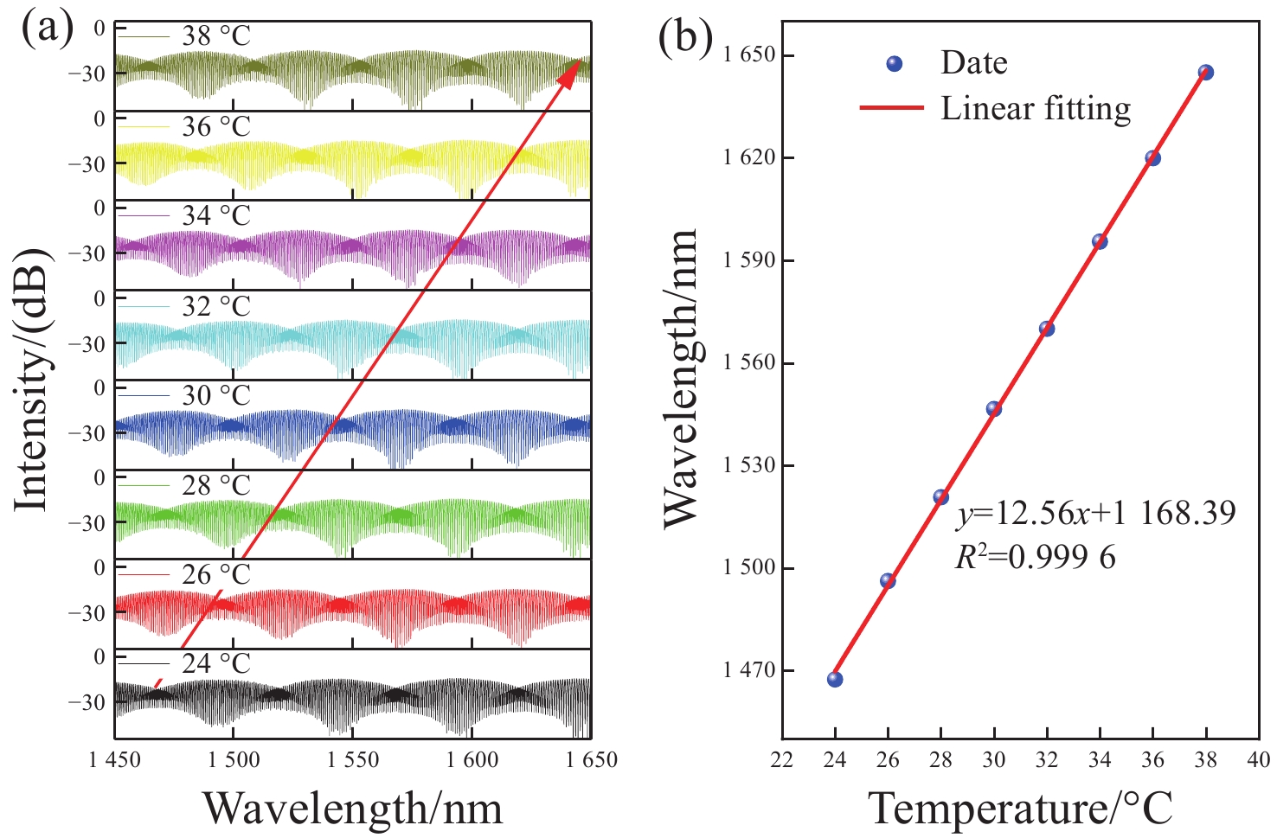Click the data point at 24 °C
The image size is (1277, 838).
pos(835,679)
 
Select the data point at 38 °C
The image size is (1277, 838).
pos(1206,73)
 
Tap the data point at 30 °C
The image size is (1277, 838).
pos(994,409)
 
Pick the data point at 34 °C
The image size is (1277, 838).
pos(1100,241)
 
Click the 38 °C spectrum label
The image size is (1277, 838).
pos(216,36)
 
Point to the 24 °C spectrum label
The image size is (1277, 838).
pos(216,664)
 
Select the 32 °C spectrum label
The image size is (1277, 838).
pos(216,306)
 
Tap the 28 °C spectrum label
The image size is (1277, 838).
pos(216,485)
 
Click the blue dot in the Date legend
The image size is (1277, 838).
pos(895,63)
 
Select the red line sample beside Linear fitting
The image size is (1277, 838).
pos(891,109)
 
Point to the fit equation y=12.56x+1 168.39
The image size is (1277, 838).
pos(1095,514)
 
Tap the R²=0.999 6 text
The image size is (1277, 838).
pos(1035,558)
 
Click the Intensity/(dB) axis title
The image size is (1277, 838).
pos(32,381)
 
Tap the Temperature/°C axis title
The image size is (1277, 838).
pos(1021,809)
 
